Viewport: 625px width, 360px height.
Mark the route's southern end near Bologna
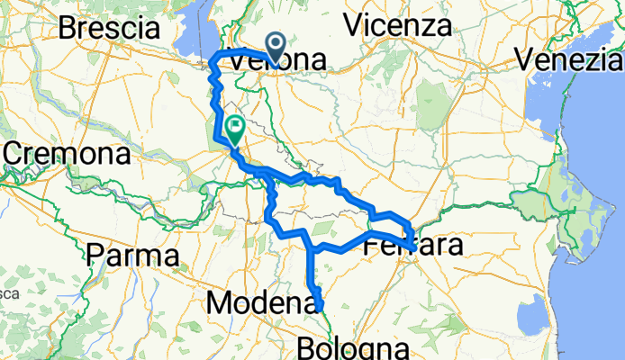[320, 310]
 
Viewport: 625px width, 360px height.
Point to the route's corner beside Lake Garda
[213, 60]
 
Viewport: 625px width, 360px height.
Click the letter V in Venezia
[525, 60]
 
